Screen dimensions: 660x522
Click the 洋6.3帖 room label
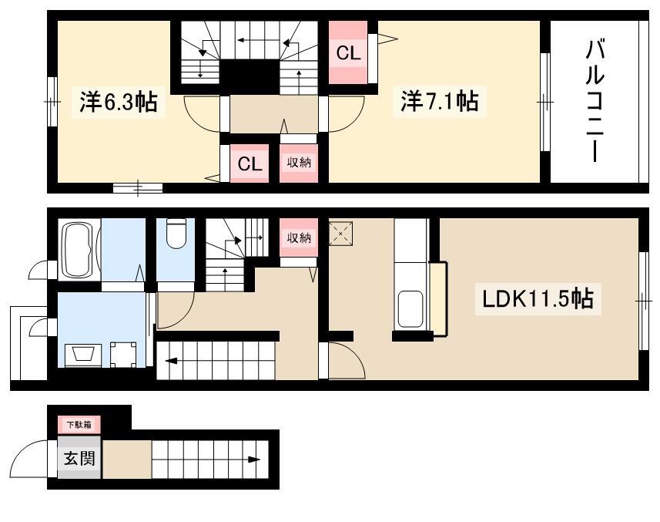[119, 102]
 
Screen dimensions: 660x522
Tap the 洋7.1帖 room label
[440, 102]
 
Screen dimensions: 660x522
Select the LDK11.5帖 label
[538, 298]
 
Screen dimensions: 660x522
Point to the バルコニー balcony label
[595, 101]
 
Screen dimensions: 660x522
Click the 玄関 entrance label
[79, 458]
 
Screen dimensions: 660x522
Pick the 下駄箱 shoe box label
[79, 425]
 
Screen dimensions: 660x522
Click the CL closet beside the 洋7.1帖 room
[348, 52]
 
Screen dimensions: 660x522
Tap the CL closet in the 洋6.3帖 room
[250, 163]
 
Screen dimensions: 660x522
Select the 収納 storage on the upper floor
[299, 163]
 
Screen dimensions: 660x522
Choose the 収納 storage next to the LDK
[299, 237]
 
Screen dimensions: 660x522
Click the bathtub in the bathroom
[79, 250]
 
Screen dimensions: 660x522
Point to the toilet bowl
[176, 235]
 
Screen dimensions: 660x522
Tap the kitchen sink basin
[410, 309]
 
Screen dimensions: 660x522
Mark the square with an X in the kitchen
[340, 234]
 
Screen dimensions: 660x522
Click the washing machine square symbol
[123, 355]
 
